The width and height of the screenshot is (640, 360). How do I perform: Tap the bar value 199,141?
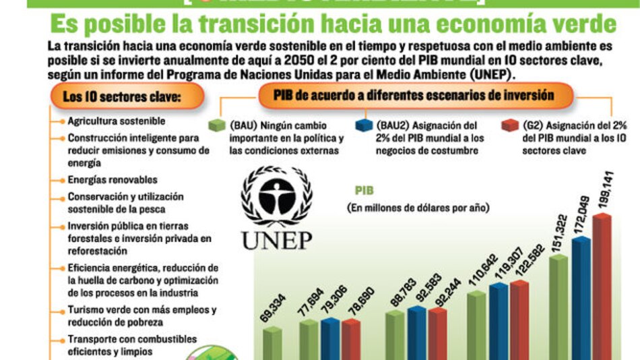pos(603,195)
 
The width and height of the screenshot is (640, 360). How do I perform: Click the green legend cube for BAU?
pos(217,126)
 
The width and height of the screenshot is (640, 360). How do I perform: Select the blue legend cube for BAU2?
pos(364,126)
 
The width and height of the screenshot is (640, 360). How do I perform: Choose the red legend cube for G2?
pos(510,126)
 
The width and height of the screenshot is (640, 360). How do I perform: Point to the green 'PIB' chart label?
pos(364,191)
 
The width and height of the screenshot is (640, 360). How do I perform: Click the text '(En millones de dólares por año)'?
pos(418,208)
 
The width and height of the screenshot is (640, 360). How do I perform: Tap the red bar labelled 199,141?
pos(602,290)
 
